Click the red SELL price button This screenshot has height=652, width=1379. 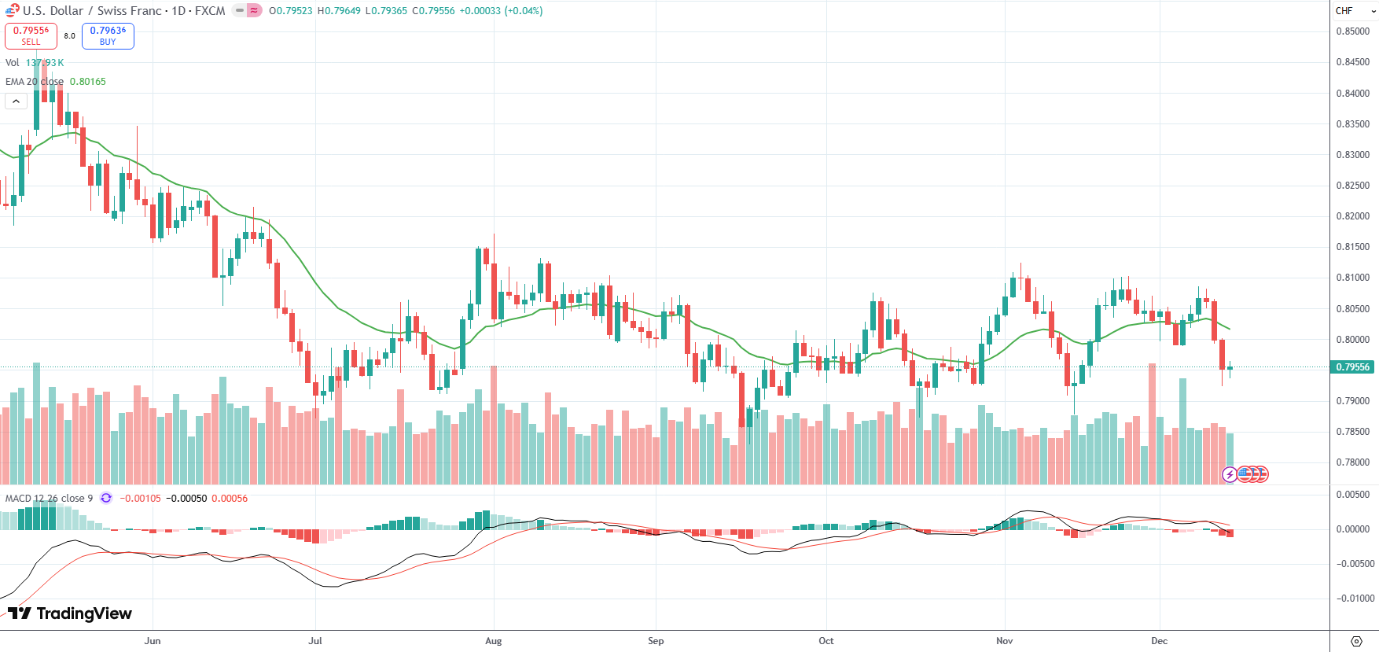pyautogui.click(x=31, y=35)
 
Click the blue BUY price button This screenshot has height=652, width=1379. pyautogui.click(x=108, y=35)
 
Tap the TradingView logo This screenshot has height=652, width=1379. pyautogui.click(x=70, y=613)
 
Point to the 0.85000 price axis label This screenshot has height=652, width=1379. pyautogui.click(x=1352, y=31)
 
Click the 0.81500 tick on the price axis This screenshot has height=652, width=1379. pyautogui.click(x=1352, y=247)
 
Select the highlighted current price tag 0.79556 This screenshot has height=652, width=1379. pyautogui.click(x=1352, y=367)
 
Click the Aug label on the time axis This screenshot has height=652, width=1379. pyautogui.click(x=493, y=641)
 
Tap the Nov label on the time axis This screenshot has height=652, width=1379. pyautogui.click(x=1004, y=641)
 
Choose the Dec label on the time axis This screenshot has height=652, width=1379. pyautogui.click(x=1159, y=641)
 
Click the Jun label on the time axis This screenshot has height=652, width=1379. pyautogui.click(x=153, y=641)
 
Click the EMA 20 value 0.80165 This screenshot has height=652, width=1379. pyautogui.click(x=87, y=82)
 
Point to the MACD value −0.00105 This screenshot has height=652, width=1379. pyautogui.click(x=140, y=499)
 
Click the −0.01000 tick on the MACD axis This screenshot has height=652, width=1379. pyautogui.click(x=1355, y=599)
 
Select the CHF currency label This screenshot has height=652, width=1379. pyautogui.click(x=1344, y=11)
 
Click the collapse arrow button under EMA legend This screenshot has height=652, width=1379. pyautogui.click(x=16, y=101)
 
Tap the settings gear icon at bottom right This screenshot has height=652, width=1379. pyautogui.click(x=1355, y=641)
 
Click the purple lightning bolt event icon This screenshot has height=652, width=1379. pyautogui.click(x=1229, y=474)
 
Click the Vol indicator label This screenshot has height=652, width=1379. pyautogui.click(x=12, y=63)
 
